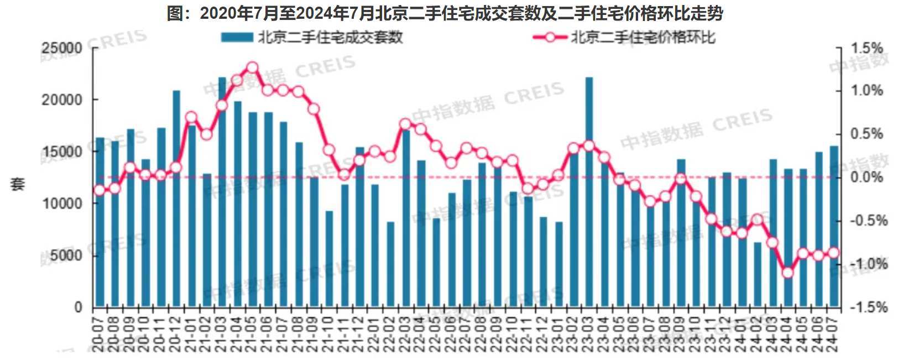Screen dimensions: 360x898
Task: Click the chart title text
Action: coord(445,12)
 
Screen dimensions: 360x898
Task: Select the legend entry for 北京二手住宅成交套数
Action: coord(312,37)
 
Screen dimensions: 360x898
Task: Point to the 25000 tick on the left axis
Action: coord(62,48)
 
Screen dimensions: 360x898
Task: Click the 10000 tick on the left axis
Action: coord(62,204)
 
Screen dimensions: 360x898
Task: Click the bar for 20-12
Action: coord(176,199)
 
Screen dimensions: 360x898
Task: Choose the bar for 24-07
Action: coord(834,227)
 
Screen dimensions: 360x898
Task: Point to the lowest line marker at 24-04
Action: coord(788,273)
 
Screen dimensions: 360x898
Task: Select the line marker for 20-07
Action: coord(100,191)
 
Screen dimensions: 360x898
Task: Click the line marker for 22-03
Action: coord(405,124)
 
